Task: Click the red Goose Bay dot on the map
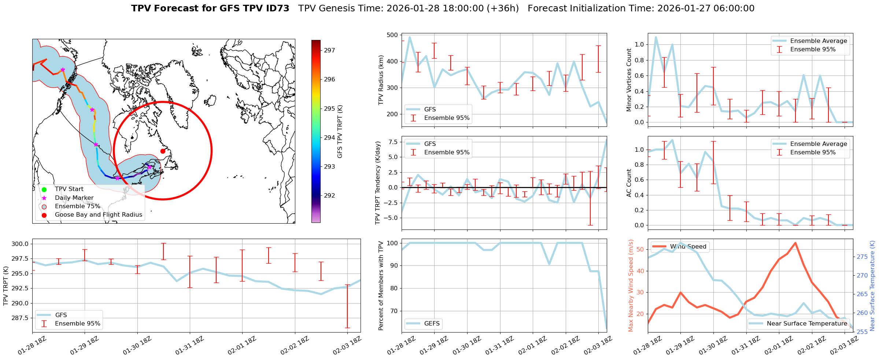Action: [163, 151]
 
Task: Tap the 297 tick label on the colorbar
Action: [329, 51]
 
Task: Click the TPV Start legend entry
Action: [69, 189]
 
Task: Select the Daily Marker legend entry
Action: [74, 198]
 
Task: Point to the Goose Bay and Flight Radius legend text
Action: [98, 215]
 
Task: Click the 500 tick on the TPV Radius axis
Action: [392, 35]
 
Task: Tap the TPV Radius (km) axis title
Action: [381, 80]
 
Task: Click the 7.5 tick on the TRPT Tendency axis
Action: [394, 142]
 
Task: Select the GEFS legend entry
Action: [432, 323]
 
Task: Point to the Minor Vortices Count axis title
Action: [629, 80]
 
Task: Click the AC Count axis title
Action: [629, 183]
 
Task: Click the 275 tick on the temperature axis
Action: [862, 257]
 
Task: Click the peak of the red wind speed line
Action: [795, 243]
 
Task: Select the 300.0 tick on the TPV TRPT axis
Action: [21, 244]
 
